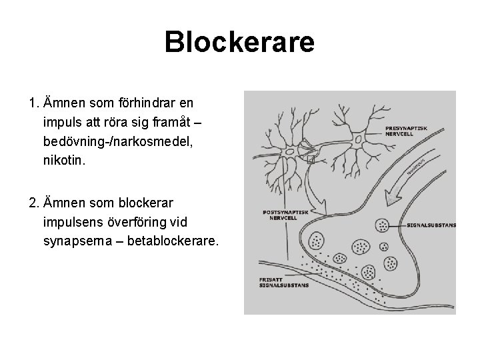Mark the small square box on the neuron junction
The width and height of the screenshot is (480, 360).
point(309,159)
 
